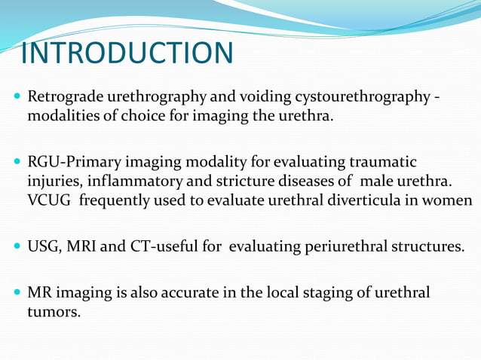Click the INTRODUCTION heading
(x=127, y=53)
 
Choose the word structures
(x=427, y=246)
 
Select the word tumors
(x=53, y=310)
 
